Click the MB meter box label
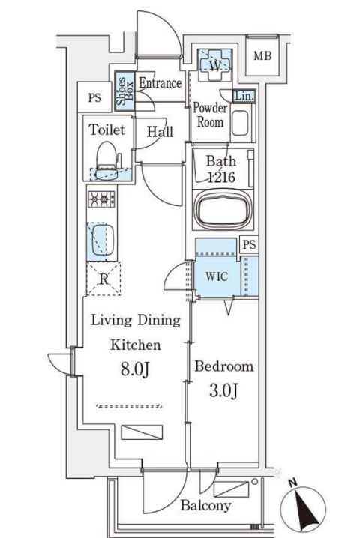pos(262,55)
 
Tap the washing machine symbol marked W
pos(214,64)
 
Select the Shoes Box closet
pos(124,91)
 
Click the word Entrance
pos(160,83)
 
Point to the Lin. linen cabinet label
pos(244,96)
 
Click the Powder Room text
pos(210,115)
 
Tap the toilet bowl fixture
pos(106,160)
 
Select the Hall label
pos(160,132)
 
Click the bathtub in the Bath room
pos(223,210)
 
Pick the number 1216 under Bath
pos(222,177)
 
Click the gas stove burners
pos(102,199)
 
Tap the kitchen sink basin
pos(102,241)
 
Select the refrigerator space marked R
pos(103,279)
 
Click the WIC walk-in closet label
pos(217,276)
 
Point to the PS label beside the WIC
pos(250,244)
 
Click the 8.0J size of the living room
pos(135,369)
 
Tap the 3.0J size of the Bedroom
pos(223,390)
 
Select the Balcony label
pos(205,505)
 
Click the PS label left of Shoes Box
pos(94,98)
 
